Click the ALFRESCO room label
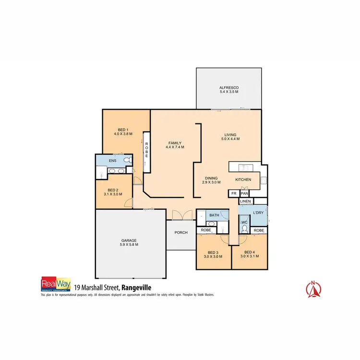(x=229, y=88)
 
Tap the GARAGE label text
(x=129, y=240)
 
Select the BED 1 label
(x=123, y=129)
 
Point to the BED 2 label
(x=113, y=190)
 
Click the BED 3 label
(x=213, y=252)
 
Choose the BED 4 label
(x=249, y=252)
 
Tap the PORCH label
(x=181, y=233)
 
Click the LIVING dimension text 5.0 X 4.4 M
(x=230, y=139)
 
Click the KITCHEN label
(x=243, y=180)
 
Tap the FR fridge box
(x=233, y=193)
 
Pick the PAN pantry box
(x=244, y=193)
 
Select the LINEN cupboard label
(x=245, y=201)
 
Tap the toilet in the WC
(x=244, y=229)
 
